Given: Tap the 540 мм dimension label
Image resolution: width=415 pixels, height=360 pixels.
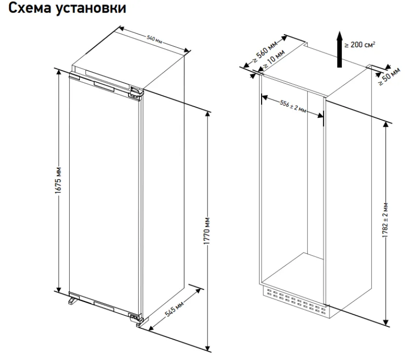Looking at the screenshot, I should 155,39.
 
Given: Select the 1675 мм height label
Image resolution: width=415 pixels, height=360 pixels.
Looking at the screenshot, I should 58,181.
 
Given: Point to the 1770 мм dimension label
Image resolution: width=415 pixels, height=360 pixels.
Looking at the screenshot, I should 207,232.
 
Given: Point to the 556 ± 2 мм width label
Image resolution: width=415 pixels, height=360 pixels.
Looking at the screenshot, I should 293,107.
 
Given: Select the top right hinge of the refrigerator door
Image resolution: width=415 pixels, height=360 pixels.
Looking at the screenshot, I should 135,93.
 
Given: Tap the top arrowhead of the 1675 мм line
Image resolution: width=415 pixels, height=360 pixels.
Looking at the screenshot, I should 58,72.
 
